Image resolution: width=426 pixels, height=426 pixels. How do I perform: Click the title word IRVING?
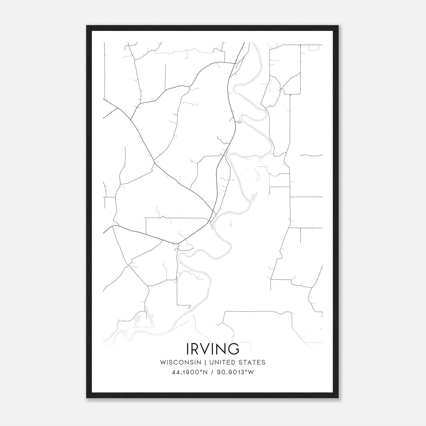[x=213, y=349]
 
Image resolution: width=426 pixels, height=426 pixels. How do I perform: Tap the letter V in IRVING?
[x=205, y=349]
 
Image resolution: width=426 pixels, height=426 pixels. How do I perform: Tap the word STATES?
[x=252, y=362]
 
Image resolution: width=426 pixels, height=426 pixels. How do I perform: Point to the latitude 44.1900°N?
[x=189, y=372]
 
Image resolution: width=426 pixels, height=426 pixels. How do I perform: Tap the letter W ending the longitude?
[x=251, y=372]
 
